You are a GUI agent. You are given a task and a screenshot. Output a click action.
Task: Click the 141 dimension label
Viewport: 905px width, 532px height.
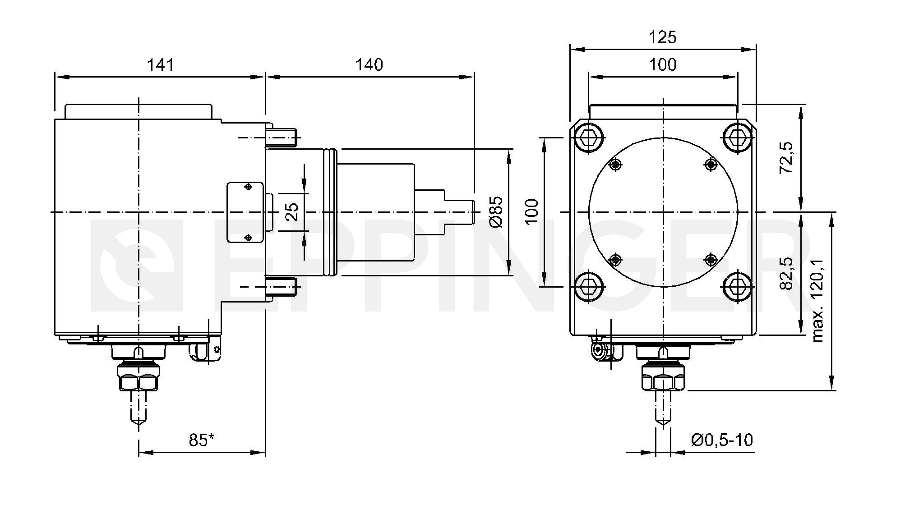[x=160, y=65]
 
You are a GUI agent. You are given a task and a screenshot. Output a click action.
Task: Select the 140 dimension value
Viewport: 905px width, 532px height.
[x=369, y=65]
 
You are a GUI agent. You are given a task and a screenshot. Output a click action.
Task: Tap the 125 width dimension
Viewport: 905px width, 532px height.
[x=663, y=37]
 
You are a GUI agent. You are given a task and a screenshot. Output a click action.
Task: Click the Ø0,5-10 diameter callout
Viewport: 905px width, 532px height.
[x=722, y=440]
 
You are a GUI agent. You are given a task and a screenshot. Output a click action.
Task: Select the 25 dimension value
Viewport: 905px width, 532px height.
[x=293, y=211]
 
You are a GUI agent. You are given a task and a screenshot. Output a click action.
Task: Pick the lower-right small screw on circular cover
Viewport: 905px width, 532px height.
[x=711, y=259]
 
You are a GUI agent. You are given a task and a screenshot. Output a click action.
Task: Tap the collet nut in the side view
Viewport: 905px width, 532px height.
[x=139, y=377]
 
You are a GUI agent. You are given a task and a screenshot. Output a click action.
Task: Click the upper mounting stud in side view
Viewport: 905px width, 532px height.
[x=282, y=137]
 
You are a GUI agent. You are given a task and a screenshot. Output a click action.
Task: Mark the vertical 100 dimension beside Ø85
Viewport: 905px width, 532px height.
[x=533, y=211]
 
